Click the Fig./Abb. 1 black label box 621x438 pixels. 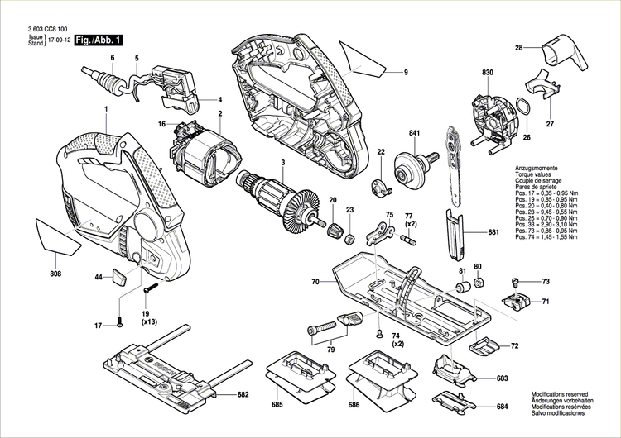tap(99, 40)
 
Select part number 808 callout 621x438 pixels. tap(55, 274)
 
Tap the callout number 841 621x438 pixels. tap(415, 133)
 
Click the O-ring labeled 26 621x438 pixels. tap(523, 107)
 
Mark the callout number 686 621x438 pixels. tap(354, 406)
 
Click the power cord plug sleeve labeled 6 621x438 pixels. tap(107, 80)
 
